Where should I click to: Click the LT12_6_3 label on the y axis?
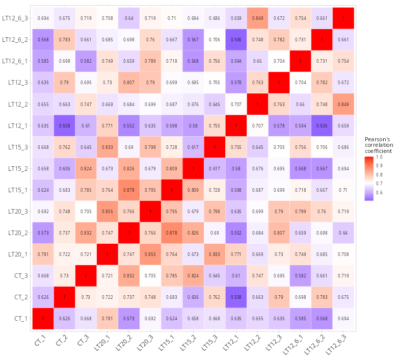click(15, 18)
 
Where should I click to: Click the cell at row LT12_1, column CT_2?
click(64, 125)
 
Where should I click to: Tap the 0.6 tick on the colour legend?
click(379, 193)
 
